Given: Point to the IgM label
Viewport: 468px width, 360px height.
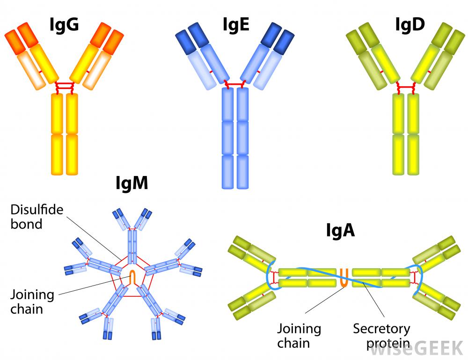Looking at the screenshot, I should click(x=132, y=184).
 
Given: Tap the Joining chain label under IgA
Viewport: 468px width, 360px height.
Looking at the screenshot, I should click(x=299, y=335).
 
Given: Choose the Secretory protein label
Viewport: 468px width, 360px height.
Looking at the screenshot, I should click(x=381, y=335).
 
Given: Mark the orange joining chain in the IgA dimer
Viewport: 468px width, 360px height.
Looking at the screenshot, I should click(x=344, y=277).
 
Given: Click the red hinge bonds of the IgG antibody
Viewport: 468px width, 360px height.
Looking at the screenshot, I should click(x=65, y=87).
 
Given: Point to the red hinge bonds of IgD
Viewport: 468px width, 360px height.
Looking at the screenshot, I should click(x=406, y=88).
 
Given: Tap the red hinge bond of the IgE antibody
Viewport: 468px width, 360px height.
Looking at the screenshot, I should click(x=235, y=85).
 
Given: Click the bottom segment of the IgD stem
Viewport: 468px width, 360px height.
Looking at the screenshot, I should click(x=406, y=154).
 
